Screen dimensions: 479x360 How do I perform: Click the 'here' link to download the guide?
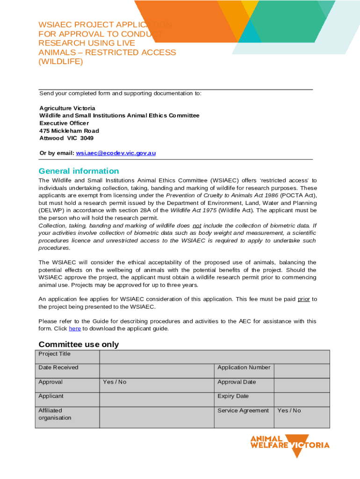(x=75, y=328)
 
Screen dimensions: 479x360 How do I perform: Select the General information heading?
(x=79, y=171)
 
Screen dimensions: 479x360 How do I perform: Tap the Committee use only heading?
(x=79, y=345)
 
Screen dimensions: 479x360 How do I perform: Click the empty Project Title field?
(x=215, y=357)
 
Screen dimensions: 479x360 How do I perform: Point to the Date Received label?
(x=58, y=368)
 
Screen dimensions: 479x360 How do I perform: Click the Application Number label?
(x=244, y=368)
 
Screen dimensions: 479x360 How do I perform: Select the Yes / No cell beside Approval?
(x=115, y=382)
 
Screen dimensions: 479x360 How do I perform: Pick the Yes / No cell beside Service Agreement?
(x=289, y=411)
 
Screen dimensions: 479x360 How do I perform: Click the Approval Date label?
(x=237, y=382)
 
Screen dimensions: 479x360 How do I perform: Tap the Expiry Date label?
(x=233, y=396)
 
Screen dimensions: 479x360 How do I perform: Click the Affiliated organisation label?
(x=55, y=414)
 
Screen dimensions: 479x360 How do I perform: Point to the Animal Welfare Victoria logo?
(x=290, y=445)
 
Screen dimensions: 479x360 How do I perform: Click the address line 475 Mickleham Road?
(x=69, y=131)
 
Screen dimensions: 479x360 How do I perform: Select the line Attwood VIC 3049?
(x=66, y=138)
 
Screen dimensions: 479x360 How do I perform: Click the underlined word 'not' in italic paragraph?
(x=197, y=225)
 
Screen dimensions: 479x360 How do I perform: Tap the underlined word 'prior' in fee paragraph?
(x=303, y=299)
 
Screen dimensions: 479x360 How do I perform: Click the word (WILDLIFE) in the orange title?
(x=61, y=61)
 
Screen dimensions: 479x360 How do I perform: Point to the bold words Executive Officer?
(x=64, y=123)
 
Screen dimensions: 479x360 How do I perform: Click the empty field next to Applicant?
(x=157, y=399)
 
